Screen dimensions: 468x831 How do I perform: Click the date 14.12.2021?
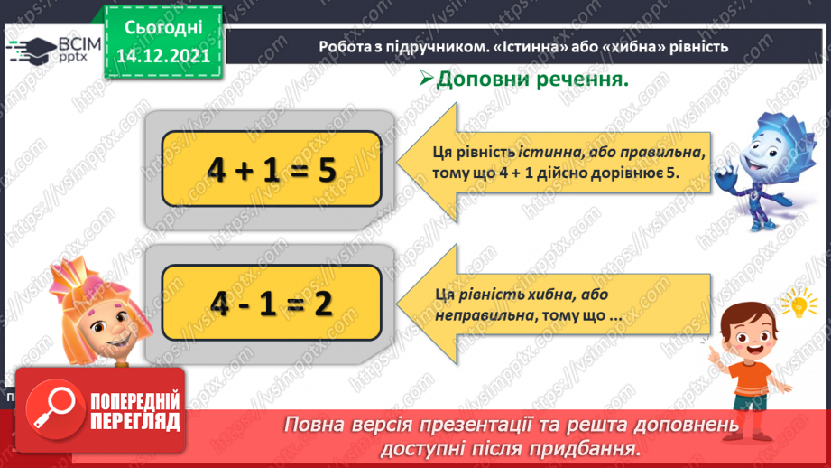(164, 54)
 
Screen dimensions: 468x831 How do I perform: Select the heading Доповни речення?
(531, 80)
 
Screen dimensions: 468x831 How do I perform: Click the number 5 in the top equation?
(326, 169)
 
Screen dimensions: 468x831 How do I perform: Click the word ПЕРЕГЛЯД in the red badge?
(134, 421)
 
